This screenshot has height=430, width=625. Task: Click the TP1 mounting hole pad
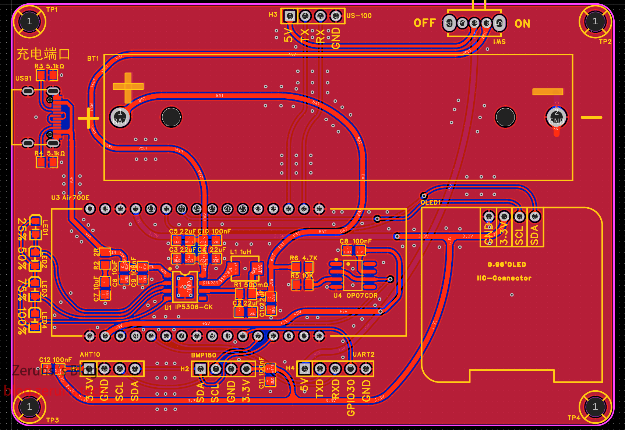point(29,22)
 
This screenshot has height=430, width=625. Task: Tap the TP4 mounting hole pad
point(595,407)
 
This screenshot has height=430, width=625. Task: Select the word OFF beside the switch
point(425,23)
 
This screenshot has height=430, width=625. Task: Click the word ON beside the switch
point(522,24)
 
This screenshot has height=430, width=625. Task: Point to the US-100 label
point(359,16)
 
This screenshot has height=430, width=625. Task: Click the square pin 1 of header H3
point(290,16)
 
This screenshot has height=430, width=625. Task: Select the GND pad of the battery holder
point(556,117)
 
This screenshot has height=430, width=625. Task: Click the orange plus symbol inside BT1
point(128,87)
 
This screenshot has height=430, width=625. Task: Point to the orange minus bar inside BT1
point(547,92)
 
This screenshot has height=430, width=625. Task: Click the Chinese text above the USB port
point(43,54)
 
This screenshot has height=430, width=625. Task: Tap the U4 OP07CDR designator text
point(355,296)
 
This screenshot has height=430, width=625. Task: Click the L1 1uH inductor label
point(240,252)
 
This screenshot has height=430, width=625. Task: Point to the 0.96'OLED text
point(506,265)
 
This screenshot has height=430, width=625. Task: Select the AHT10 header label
point(90,355)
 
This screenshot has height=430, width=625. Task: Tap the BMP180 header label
point(204,355)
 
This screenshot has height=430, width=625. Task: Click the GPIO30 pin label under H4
point(351,398)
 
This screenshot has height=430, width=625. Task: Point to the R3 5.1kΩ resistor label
point(49,66)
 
